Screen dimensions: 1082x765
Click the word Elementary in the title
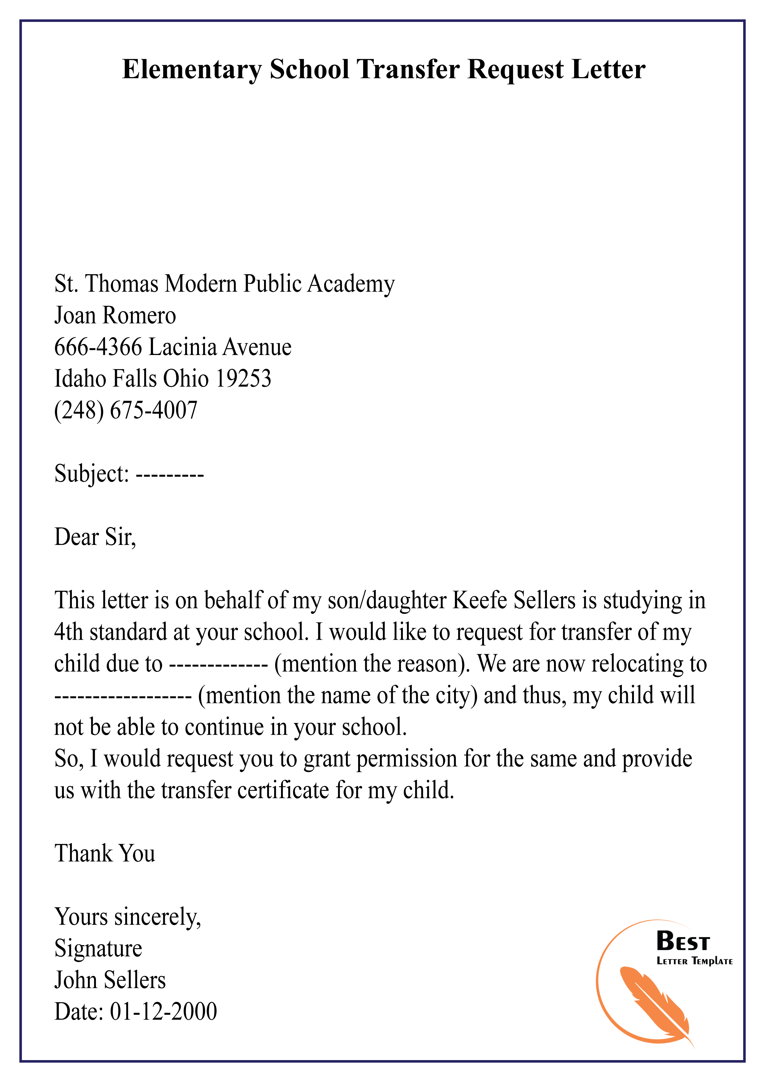coord(191,70)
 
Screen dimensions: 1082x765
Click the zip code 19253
coord(243,378)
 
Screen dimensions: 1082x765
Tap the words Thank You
coord(105,853)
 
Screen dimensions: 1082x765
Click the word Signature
coord(98,948)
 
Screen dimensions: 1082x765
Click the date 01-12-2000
coord(163,1011)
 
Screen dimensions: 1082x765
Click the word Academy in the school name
coord(351,284)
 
